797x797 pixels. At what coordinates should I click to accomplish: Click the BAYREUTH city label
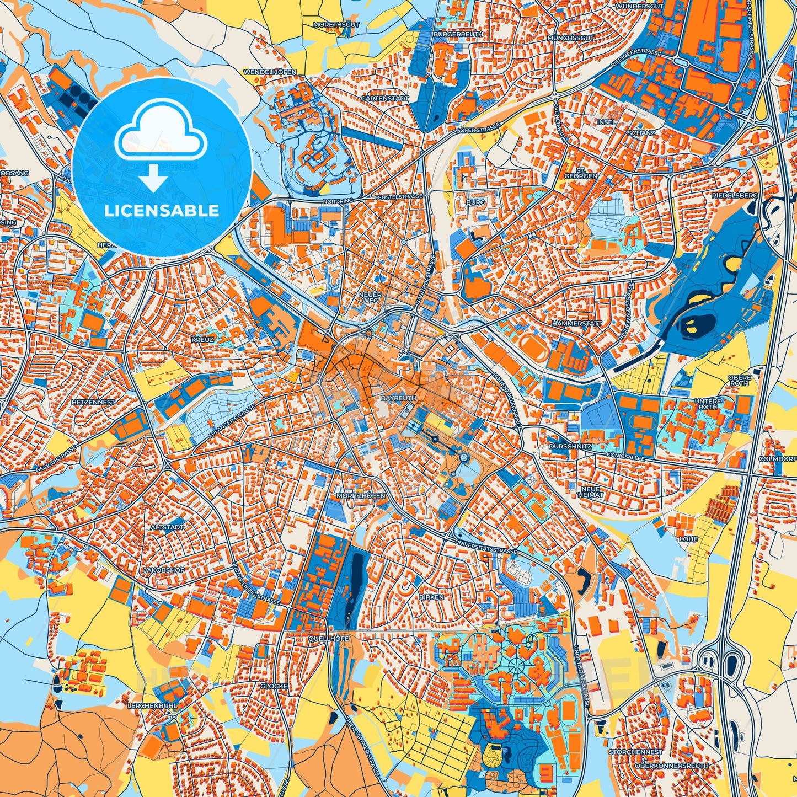[x=398, y=398]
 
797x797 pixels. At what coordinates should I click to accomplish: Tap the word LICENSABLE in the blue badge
[x=162, y=211]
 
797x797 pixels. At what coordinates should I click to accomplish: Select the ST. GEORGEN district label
[x=580, y=173]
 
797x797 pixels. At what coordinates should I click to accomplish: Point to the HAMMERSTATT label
[x=577, y=323]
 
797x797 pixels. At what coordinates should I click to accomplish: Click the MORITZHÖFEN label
[x=361, y=496]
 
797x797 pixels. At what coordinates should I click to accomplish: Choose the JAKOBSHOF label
[x=164, y=570]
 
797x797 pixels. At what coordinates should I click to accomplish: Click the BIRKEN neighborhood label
[x=431, y=597]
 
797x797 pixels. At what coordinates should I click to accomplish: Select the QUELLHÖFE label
[x=329, y=639]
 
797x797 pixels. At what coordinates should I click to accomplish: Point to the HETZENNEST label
[x=93, y=402]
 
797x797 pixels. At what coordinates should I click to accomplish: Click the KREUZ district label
[x=202, y=339]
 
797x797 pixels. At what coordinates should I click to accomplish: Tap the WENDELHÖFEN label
[x=270, y=72]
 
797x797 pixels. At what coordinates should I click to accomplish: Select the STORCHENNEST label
[x=635, y=752]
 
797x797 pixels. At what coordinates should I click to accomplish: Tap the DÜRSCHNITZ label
[x=570, y=446]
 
